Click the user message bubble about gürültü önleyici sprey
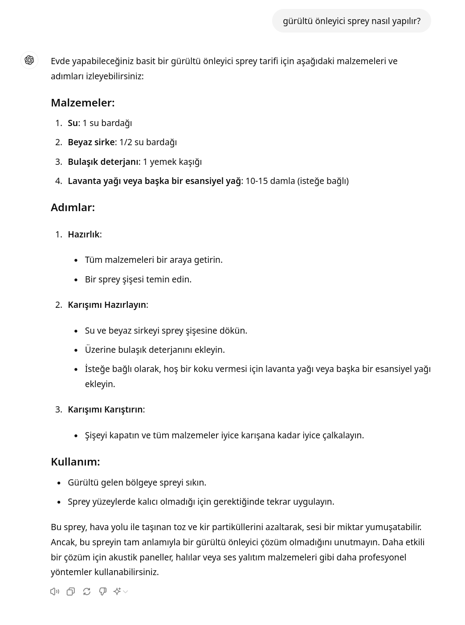pyautogui.click(x=351, y=21)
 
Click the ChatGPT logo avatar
pyautogui.click(x=29, y=60)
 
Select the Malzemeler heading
pyautogui.click(x=82, y=102)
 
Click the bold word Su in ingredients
pyautogui.click(x=73, y=123)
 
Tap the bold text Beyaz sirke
pyautogui.click(x=91, y=142)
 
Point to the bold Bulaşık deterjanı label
pyautogui.click(x=103, y=162)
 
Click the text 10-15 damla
pyautogui.click(x=269, y=181)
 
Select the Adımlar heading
pyautogui.click(x=73, y=207)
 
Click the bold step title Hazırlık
pyautogui.click(x=84, y=234)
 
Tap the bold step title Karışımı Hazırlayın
pyautogui.click(x=107, y=305)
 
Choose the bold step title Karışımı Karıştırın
pyautogui.click(x=105, y=409)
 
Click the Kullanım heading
pyautogui.click(x=75, y=462)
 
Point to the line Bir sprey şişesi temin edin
pyautogui.click(x=138, y=279)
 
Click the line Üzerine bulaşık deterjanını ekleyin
pyautogui.click(x=155, y=350)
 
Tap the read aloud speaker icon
pyautogui.click(x=55, y=592)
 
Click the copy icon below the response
pyautogui.click(x=71, y=592)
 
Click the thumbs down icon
pyautogui.click(x=103, y=592)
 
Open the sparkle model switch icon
pyautogui.click(x=118, y=592)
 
